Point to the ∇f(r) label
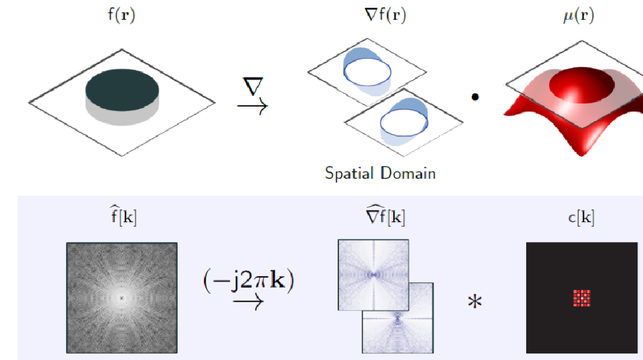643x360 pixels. point(379,16)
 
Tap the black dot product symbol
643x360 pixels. point(474,97)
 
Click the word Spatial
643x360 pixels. point(349,174)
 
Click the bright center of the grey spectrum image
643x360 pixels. point(122,297)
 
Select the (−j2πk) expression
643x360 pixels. point(248,281)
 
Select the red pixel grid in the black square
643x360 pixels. point(582,297)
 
